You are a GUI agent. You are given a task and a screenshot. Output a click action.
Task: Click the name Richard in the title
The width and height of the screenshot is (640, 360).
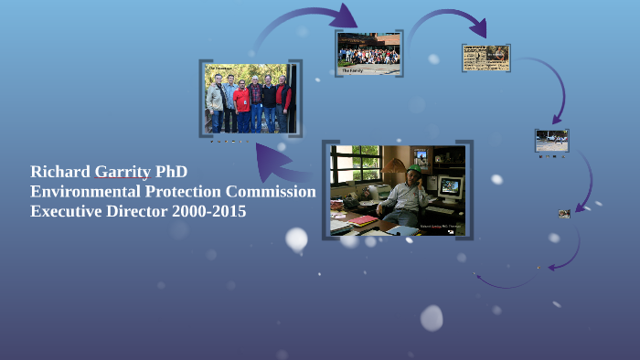[60, 172]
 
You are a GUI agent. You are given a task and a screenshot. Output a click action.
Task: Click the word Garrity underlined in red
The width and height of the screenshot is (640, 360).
[123, 172]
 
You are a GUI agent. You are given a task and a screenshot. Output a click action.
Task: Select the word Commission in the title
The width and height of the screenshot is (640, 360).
[272, 192]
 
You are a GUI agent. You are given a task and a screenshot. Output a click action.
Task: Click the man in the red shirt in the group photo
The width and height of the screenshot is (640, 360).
[241, 102]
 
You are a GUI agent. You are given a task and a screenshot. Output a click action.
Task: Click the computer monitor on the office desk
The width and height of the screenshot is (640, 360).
[450, 188]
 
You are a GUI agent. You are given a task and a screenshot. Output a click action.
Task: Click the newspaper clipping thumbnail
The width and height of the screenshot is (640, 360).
[486, 57]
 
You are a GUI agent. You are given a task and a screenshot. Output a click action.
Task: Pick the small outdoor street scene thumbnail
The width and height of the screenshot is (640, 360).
[551, 140]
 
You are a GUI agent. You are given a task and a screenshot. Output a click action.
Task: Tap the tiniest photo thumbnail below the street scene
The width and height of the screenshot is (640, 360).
[564, 214]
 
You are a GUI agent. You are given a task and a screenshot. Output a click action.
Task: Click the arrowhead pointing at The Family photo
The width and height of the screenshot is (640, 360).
[347, 16]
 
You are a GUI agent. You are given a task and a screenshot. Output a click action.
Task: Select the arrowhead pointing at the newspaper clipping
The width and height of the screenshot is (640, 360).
[477, 29]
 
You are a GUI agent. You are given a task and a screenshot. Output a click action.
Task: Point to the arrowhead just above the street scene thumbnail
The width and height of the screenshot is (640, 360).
[556, 118]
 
